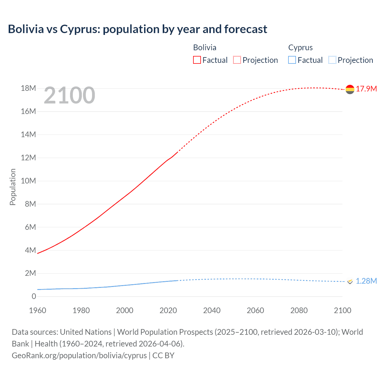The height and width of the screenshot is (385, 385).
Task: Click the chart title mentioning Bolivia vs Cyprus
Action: coord(137,29)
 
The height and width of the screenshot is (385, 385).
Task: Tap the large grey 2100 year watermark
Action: coord(69,95)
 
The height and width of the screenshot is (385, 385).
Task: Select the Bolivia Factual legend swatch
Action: coord(197,60)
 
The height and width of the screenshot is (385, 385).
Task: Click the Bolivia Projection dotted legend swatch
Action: coord(237,60)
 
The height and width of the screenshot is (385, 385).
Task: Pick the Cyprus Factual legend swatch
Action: coord(292,60)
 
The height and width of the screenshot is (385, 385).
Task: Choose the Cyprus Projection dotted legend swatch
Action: coord(332,60)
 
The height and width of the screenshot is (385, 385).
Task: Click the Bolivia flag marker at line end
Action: coord(350,89)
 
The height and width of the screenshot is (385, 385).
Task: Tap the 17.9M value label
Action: coord(366,89)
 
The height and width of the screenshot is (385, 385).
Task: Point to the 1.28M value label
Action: coord(366,281)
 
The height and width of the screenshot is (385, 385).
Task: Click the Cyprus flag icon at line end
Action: coord(350,281)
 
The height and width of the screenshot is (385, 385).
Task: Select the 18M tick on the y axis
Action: coord(28,88)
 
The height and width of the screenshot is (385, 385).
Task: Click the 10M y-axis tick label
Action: coord(28,181)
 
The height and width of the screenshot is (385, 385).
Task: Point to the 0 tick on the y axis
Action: coord(34,296)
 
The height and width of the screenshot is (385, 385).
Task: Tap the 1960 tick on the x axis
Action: coord(38,310)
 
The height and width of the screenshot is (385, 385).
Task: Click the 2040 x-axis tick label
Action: coord(212,310)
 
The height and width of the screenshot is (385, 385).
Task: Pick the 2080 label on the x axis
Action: coord(299,310)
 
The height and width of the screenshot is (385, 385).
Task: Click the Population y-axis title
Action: coord(13,187)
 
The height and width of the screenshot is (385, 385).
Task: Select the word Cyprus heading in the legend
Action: coord(300,48)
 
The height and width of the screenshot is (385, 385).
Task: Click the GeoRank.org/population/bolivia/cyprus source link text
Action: coord(79,356)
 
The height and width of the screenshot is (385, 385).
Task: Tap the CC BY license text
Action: coord(163,356)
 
